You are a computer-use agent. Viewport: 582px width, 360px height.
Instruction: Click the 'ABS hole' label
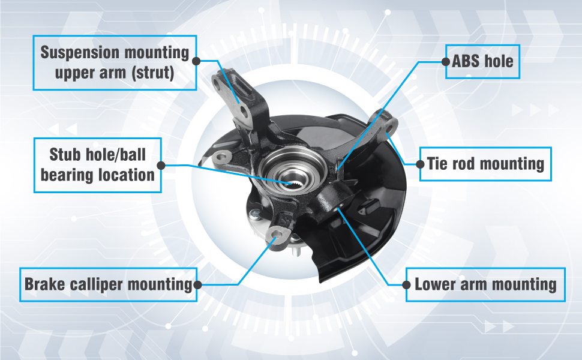482,61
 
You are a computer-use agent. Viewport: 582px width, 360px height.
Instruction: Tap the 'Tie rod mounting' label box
485,163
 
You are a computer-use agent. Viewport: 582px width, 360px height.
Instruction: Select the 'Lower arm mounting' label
485,284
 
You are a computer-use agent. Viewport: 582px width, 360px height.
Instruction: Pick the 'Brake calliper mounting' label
107,284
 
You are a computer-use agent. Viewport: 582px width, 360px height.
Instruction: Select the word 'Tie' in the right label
436,163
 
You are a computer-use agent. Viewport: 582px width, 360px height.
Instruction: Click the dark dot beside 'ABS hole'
445,61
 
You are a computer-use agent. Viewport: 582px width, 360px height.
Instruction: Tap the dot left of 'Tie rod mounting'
419,163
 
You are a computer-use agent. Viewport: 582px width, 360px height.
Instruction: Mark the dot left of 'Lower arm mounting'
407,284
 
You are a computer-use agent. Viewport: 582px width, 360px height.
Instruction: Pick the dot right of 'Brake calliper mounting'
197,284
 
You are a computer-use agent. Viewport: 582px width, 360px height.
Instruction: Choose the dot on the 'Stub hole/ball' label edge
161,164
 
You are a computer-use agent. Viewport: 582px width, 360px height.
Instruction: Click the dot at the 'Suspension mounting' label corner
196,61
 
